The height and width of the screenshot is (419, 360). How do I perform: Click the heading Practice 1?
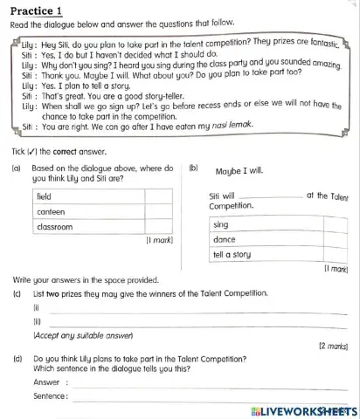coord(34,11)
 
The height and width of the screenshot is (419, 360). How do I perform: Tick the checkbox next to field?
coord(156,196)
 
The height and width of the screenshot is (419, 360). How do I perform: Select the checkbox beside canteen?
coord(156,211)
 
